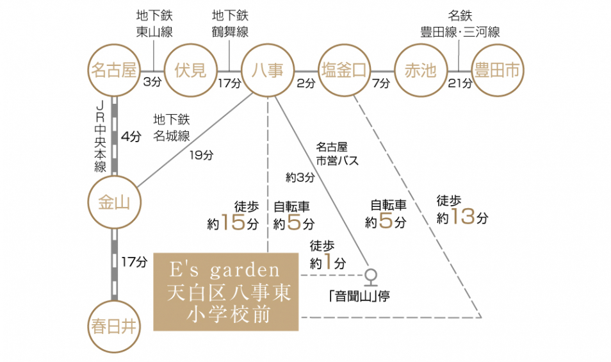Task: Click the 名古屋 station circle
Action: click(114, 70)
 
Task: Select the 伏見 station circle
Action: click(190, 70)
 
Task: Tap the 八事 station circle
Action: click(267, 70)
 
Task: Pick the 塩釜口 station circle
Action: click(344, 70)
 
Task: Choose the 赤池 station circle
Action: click(420, 70)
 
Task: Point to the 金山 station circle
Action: click(114, 203)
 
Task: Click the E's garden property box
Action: click(227, 292)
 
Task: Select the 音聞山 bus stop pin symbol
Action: click(370, 277)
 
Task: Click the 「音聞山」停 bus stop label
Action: click(358, 297)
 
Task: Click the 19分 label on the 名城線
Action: click(201, 154)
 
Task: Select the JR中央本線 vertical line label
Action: click(99, 136)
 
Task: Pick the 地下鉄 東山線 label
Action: click(154, 24)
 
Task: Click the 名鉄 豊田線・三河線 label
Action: click(460, 24)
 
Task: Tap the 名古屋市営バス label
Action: click(338, 153)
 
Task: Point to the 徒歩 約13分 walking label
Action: click(462, 210)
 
